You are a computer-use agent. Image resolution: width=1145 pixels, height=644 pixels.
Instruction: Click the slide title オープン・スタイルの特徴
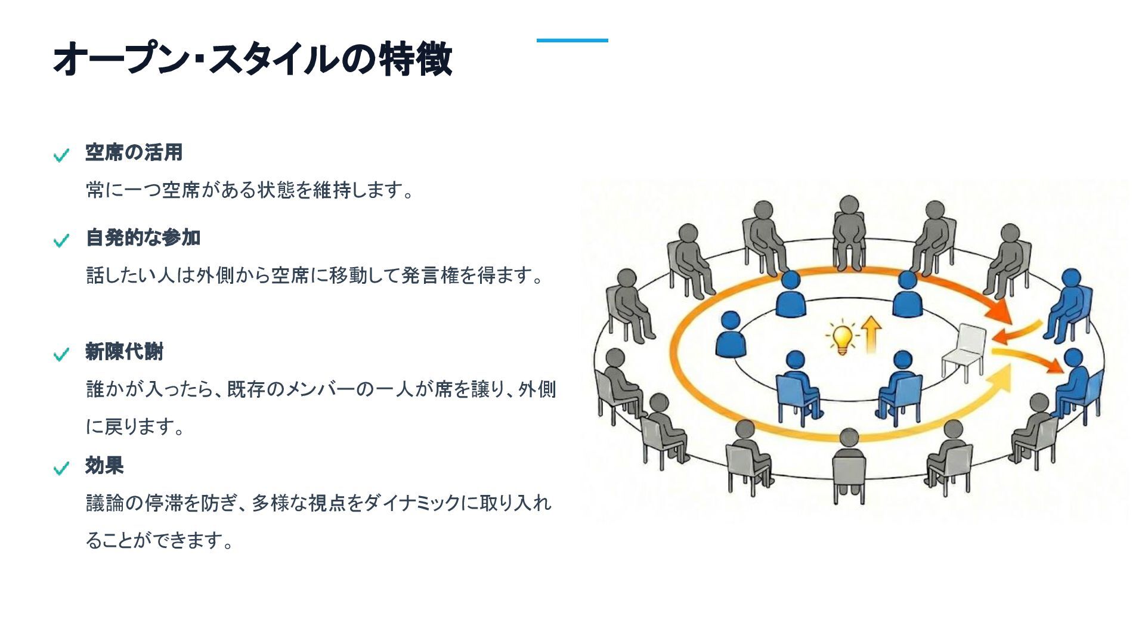click(252, 59)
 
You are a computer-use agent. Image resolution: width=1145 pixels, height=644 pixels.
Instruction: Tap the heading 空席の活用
click(134, 153)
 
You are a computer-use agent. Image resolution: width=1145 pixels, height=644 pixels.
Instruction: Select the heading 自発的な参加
click(143, 238)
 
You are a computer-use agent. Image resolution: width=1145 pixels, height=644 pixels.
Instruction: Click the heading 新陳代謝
click(124, 352)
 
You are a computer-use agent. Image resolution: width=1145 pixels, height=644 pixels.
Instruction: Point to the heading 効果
click(104, 466)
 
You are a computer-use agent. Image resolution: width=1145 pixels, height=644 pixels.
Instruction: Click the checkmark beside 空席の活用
click(61, 156)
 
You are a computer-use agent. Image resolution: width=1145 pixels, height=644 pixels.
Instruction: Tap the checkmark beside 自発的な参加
click(61, 241)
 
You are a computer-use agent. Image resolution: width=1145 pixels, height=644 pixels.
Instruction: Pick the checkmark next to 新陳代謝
click(61, 355)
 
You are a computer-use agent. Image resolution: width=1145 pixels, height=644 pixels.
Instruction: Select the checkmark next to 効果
click(61, 469)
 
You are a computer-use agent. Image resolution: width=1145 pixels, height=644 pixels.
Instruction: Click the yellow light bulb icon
click(841, 338)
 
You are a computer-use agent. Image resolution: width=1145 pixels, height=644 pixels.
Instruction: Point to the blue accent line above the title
click(572, 41)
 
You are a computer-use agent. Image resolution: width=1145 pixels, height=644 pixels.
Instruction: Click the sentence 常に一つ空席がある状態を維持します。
click(250, 191)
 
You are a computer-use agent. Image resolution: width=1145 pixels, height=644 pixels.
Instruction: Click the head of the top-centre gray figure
click(849, 205)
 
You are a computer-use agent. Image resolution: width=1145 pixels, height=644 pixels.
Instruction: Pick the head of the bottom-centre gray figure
click(849, 437)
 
